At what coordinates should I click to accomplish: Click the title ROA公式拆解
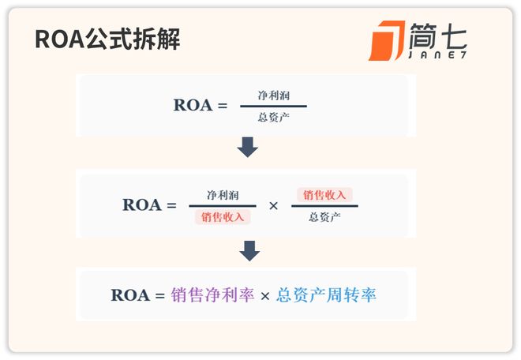(107, 39)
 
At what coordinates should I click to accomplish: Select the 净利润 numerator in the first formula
(274, 95)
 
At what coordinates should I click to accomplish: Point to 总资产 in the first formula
(274, 117)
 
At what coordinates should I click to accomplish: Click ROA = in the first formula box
(200, 106)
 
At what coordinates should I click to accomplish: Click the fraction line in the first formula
(273, 106)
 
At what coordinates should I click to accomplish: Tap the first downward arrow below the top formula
(248, 147)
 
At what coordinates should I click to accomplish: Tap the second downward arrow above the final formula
(248, 251)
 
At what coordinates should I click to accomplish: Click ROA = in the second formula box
(149, 205)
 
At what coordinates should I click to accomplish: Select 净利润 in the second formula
(223, 194)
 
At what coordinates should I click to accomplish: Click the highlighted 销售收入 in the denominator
(223, 216)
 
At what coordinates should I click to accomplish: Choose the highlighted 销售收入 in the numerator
(324, 194)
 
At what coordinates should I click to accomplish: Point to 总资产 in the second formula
(324, 216)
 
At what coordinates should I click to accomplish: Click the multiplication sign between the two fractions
(274, 205)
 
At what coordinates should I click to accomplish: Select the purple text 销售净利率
(212, 295)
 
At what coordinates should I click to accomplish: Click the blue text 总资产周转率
(326, 295)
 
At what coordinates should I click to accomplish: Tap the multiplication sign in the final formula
(265, 296)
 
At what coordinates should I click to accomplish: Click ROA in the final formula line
(130, 295)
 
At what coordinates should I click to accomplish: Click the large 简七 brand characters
(438, 36)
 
